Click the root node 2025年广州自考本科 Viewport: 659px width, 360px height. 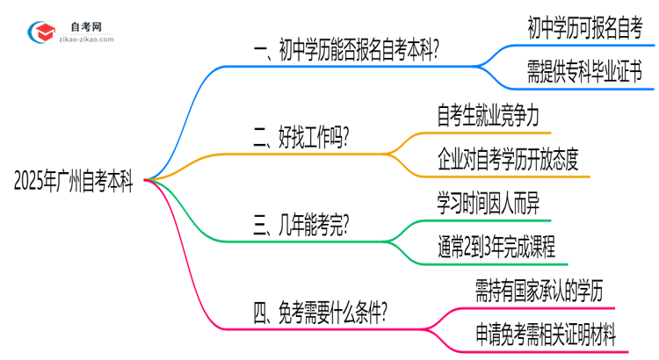pyautogui.click(x=74, y=181)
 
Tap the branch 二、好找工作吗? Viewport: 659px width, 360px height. pyautogui.click(x=298, y=138)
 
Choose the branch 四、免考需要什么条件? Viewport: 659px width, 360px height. pyautogui.click(x=321, y=312)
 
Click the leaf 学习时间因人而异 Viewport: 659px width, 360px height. pyautogui.click(x=493, y=201)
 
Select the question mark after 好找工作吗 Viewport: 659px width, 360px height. pyautogui.click(x=345, y=138)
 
